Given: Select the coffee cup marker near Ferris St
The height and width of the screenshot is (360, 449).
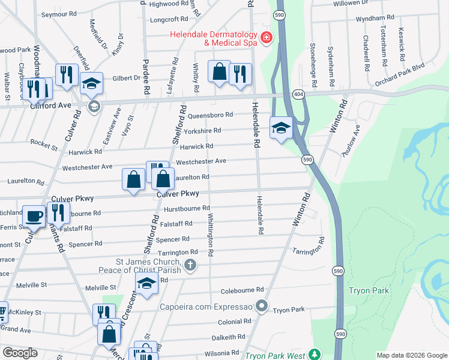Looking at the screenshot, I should coord(34,216).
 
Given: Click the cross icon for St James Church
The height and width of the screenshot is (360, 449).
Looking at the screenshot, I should coord(190,265).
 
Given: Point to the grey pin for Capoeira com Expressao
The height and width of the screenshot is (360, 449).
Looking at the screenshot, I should coord(261,307).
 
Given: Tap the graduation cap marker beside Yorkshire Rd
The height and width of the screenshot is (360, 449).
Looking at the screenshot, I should coord(280,128).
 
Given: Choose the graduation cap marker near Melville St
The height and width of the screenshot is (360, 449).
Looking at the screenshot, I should coord(146,285).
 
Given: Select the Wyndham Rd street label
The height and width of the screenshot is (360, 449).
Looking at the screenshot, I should coord(375,19).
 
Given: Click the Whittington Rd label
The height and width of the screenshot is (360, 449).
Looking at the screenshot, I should coord(211,235).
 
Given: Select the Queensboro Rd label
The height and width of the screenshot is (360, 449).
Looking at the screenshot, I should coord(209,115).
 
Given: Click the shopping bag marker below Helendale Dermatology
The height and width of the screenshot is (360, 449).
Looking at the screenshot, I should coord(220,71).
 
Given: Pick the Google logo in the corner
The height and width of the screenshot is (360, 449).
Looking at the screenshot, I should coord(20,353).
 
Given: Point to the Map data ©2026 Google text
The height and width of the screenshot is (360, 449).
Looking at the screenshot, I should coord(412,355).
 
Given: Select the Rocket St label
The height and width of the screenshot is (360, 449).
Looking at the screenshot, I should coord(44,146).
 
